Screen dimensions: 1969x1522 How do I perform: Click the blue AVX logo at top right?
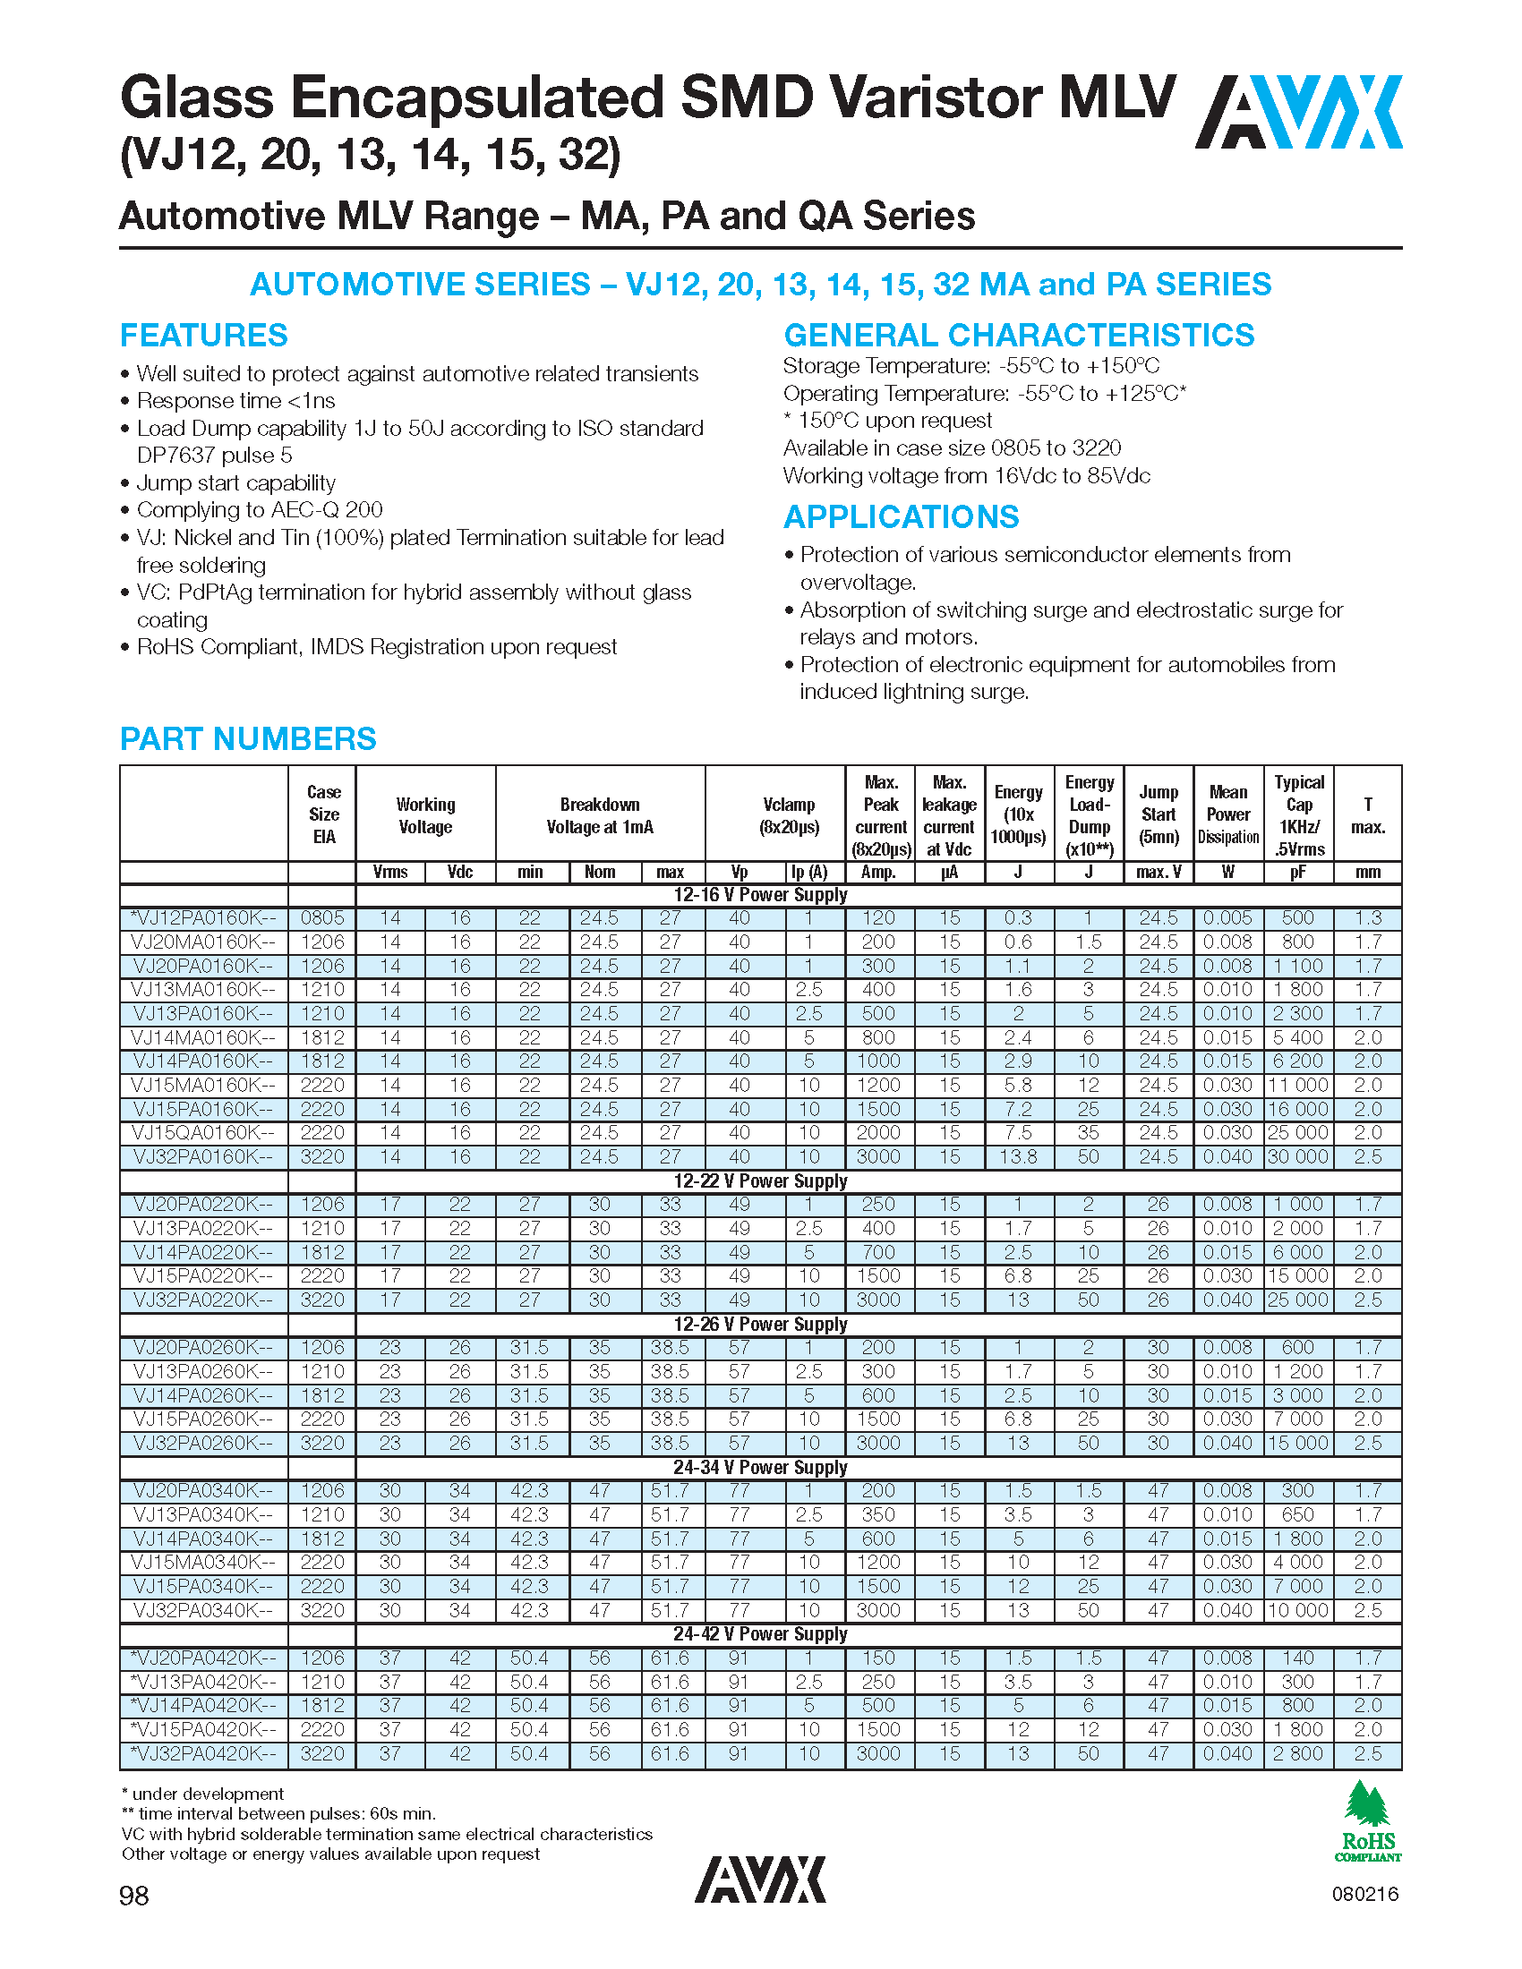(x=1298, y=112)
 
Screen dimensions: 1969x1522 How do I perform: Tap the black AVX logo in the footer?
(x=760, y=1879)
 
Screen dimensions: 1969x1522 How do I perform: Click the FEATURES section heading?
(x=204, y=336)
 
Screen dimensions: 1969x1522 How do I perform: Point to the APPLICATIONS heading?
(x=901, y=517)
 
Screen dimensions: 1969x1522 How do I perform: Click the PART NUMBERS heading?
(x=248, y=739)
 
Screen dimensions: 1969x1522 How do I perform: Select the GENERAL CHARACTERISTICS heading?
(x=1019, y=336)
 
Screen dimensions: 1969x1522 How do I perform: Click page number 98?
(x=134, y=1895)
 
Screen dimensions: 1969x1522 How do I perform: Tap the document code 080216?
(x=1364, y=1894)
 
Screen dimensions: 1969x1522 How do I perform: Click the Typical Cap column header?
(x=1298, y=815)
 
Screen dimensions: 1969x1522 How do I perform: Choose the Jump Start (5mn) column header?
(x=1158, y=815)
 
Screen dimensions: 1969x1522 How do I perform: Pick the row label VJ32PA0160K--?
(x=203, y=1156)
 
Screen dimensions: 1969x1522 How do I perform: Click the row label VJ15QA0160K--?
(x=203, y=1132)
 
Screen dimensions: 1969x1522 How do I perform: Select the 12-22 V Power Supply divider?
(x=760, y=1181)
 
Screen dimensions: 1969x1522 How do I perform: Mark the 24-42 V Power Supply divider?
(x=760, y=1634)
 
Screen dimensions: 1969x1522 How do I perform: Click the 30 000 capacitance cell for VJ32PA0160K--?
(x=1298, y=1156)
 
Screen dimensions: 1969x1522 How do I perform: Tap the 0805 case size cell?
(x=322, y=917)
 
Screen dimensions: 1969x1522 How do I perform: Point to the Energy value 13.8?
(x=1018, y=1156)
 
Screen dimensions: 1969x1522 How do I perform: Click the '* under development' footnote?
(x=203, y=1794)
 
